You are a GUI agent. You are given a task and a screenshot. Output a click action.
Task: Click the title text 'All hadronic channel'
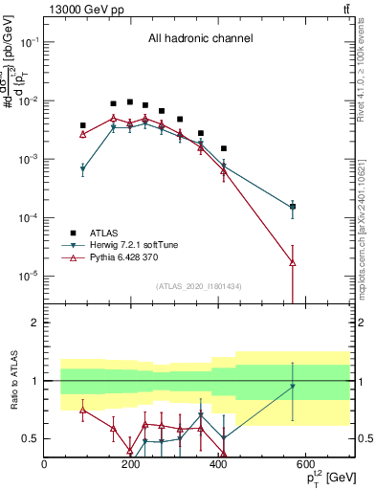click(200, 39)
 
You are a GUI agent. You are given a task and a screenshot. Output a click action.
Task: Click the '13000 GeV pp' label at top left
click(80, 9)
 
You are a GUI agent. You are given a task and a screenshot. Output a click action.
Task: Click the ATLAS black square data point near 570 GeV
click(293, 206)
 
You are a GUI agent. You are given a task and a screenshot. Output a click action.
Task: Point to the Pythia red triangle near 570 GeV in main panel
click(293, 262)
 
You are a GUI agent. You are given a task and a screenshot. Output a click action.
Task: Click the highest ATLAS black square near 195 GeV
click(130, 101)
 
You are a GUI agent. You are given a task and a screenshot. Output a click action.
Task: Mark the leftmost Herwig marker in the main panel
click(83, 168)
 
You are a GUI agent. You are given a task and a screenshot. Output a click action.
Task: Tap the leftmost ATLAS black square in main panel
click(83, 125)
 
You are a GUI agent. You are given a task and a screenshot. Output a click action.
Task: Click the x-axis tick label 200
click(131, 464)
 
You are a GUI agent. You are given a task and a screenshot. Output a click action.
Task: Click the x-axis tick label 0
click(44, 464)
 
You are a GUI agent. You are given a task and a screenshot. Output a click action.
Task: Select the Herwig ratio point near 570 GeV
click(293, 387)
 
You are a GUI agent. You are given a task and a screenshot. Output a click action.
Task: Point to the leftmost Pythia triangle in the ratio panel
click(83, 410)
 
